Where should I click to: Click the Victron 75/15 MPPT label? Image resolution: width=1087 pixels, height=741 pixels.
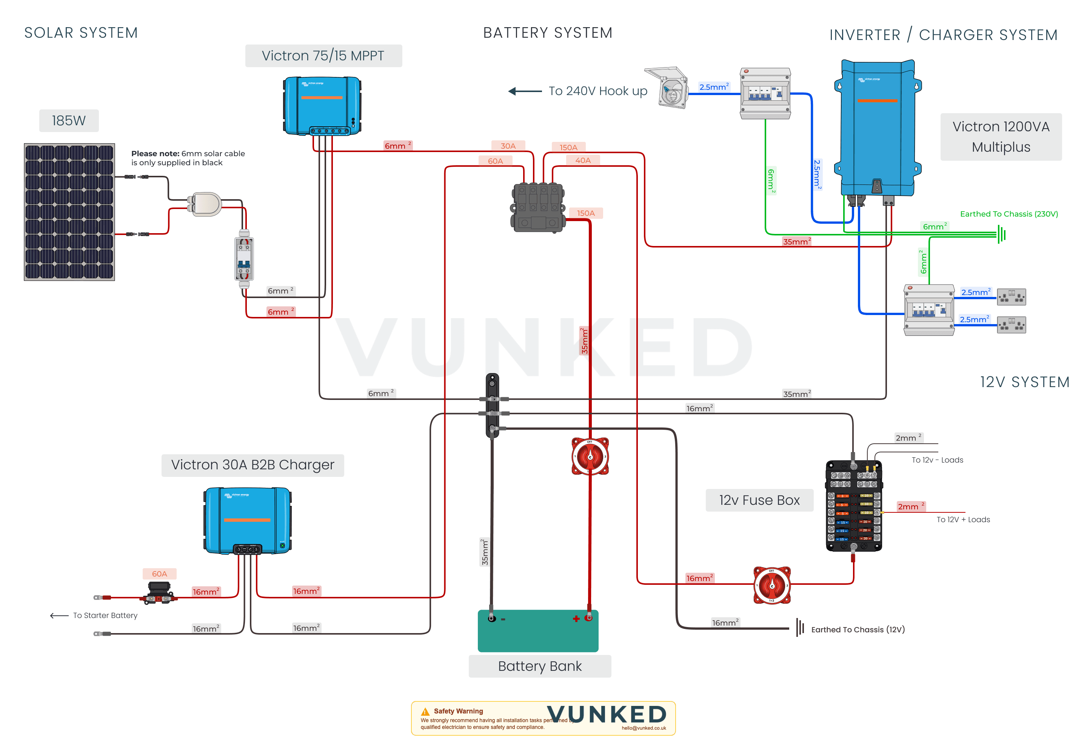coord(323,55)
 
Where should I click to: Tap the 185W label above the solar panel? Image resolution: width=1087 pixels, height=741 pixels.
coord(69,121)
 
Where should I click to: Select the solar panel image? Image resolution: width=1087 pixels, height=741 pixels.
coord(69,212)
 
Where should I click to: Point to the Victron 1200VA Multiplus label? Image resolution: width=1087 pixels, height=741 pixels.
coord(1001,137)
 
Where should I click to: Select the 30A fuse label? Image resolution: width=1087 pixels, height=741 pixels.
coord(508,146)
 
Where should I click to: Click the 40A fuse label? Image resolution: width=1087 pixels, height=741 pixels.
coord(582,160)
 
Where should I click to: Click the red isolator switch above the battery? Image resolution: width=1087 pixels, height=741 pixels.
coord(590,456)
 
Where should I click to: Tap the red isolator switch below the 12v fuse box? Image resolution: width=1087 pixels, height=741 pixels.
coord(772,585)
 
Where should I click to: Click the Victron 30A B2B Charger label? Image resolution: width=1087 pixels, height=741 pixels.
coord(253,465)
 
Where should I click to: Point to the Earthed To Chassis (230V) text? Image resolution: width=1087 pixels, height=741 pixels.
coord(1008,214)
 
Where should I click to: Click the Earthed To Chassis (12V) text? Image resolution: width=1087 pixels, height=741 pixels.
coord(858,629)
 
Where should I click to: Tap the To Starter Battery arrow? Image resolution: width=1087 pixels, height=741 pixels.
coord(59,615)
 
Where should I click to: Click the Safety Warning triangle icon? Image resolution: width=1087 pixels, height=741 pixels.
coord(425,712)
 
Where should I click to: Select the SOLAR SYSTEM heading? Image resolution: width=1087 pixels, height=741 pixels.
coord(81,33)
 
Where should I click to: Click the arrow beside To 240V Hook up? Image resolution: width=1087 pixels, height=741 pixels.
coord(524,91)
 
